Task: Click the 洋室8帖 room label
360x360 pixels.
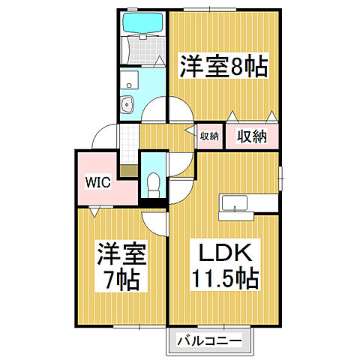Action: coord(223,67)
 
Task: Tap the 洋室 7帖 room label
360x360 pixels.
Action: coord(121,266)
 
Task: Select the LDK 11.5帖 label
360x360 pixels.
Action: coord(225,265)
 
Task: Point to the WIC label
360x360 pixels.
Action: coord(98,182)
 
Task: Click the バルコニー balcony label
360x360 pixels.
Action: coord(209,340)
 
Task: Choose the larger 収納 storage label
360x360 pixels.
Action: coord(252,136)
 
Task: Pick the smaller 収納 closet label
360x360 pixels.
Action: coord(209,136)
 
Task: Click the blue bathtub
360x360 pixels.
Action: coord(143,22)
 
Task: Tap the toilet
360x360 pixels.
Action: coord(153,185)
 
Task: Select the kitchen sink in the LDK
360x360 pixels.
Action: coord(235,203)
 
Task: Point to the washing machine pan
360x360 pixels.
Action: coord(129,79)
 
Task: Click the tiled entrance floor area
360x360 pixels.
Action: coord(129,145)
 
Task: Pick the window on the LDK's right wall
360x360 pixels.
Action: coord(280,178)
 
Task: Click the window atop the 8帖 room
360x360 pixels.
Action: coord(209,10)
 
